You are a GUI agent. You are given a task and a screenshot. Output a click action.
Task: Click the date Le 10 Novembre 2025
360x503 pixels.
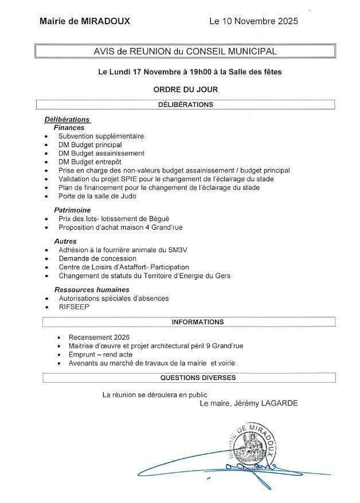254,21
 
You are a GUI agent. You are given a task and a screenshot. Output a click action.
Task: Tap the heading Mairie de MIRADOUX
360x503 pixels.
85,21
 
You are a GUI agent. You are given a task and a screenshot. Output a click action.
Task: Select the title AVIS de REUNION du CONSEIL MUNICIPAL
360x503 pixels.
185,52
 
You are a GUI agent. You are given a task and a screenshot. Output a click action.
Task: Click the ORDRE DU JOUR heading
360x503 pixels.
186,89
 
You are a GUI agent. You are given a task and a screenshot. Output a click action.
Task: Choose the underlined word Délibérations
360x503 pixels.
67,119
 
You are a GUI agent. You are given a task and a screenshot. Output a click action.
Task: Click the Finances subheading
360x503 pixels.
69,128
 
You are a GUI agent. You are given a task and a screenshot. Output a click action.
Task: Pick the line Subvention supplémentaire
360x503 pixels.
101,136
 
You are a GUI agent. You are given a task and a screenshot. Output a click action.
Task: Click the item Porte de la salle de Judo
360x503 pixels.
97,196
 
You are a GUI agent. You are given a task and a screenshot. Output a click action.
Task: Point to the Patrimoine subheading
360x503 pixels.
73,210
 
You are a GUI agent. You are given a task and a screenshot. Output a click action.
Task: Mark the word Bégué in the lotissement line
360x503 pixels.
158,219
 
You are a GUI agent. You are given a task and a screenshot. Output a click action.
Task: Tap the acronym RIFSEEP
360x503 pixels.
73,306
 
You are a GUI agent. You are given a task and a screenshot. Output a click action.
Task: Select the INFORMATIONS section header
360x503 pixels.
198,322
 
